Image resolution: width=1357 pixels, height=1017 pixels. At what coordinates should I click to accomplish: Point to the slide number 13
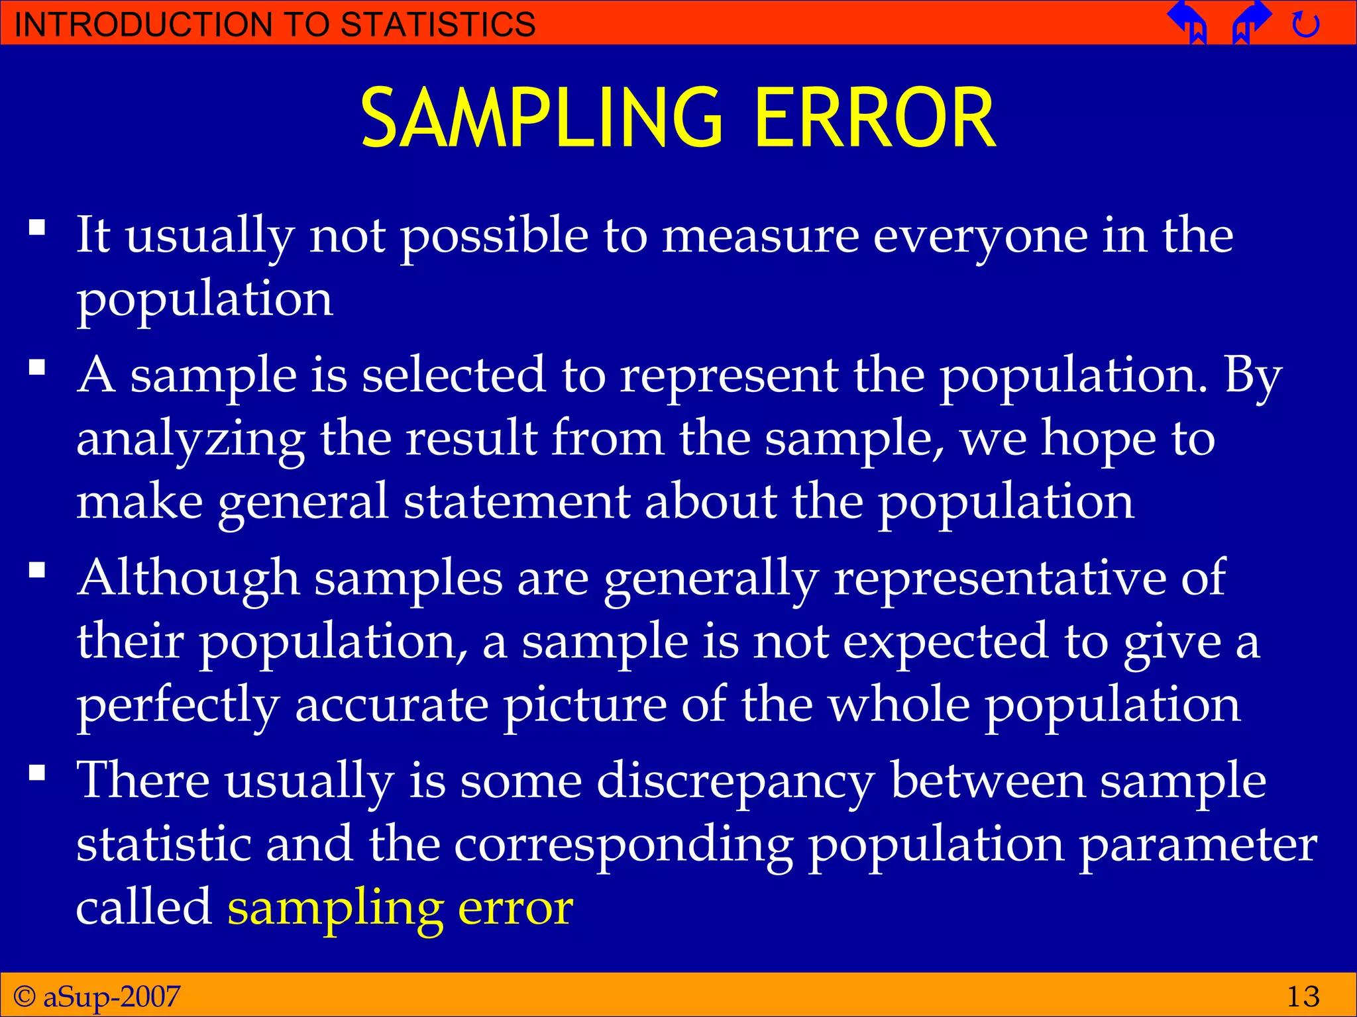tap(1303, 996)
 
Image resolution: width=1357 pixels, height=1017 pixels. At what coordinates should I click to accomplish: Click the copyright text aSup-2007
tap(111, 996)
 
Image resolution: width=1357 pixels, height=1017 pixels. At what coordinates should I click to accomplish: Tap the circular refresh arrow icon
tap(1305, 25)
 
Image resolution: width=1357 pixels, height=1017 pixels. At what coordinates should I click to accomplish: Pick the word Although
tap(188, 577)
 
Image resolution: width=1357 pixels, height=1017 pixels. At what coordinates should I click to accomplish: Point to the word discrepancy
tap(735, 781)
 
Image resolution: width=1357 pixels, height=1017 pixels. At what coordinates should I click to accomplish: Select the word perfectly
tap(178, 706)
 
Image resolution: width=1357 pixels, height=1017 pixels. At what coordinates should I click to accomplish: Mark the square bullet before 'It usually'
tap(37, 228)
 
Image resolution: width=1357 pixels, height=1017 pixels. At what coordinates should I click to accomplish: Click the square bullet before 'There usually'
tap(37, 773)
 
